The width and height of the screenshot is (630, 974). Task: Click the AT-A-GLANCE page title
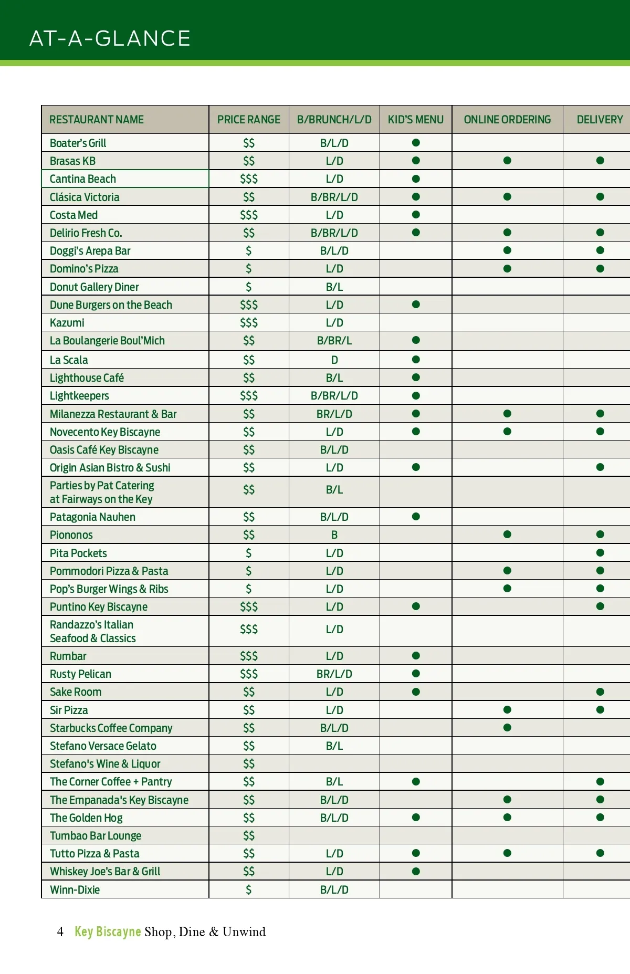(110, 38)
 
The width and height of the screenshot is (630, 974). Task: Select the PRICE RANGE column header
(248, 120)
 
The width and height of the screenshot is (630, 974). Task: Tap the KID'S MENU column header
(415, 120)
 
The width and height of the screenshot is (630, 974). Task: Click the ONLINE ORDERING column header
(507, 120)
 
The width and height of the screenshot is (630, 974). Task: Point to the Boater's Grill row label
(78, 143)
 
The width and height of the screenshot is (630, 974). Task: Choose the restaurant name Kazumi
(67, 322)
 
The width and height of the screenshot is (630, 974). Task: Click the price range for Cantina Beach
(248, 179)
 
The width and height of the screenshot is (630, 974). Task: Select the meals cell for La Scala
(334, 360)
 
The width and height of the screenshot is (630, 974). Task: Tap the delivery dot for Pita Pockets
(600, 553)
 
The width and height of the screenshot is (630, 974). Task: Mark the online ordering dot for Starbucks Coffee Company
(507, 728)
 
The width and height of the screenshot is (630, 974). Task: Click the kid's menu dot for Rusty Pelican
(416, 674)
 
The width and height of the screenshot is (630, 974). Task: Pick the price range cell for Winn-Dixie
(248, 889)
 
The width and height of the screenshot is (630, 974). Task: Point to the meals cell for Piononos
(334, 535)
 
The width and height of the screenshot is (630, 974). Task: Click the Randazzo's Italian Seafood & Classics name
(92, 631)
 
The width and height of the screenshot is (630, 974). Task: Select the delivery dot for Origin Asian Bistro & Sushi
(600, 467)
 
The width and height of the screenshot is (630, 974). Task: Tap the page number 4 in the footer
(60, 931)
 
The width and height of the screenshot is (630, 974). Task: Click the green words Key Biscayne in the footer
(108, 931)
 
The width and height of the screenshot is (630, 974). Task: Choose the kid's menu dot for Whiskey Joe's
(416, 872)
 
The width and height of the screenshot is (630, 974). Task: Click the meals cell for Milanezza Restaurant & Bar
(334, 414)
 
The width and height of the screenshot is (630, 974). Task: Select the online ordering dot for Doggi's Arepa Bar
(507, 250)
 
